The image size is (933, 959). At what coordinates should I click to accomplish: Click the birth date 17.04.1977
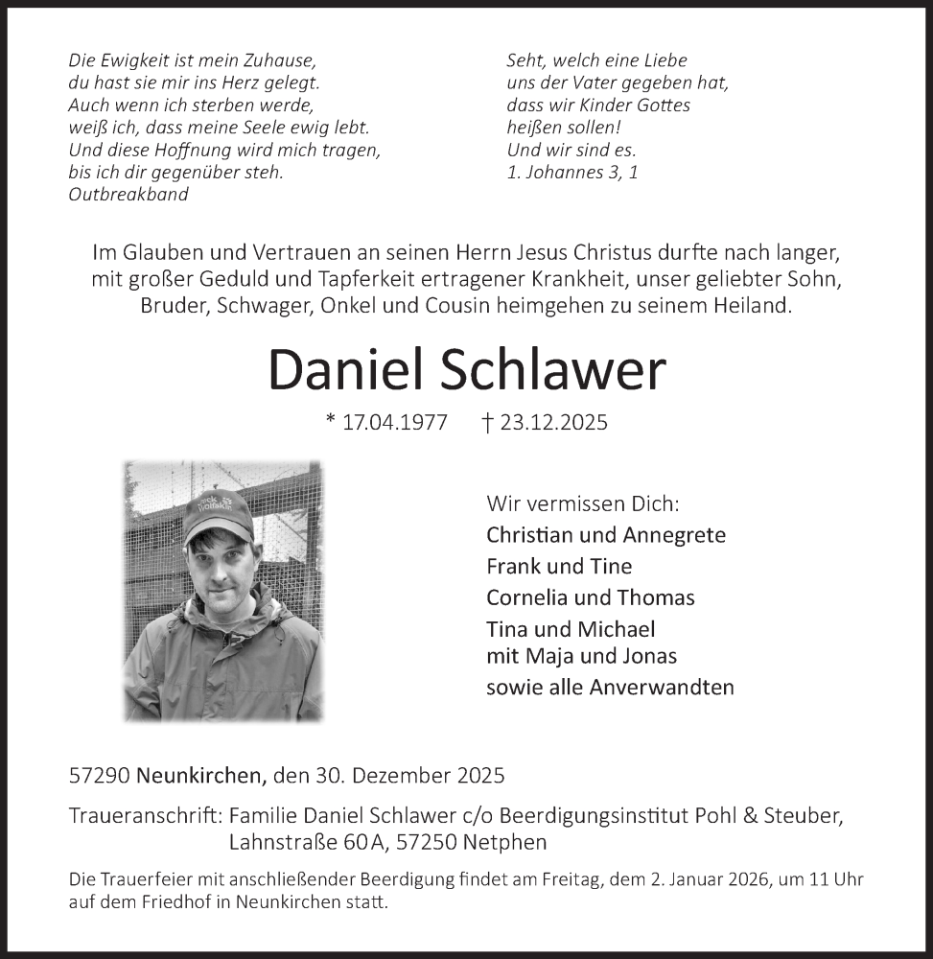click(394, 423)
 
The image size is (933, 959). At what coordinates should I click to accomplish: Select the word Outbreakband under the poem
click(128, 194)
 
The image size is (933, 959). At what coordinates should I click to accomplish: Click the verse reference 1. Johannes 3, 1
click(571, 172)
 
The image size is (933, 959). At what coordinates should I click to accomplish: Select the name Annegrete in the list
click(674, 535)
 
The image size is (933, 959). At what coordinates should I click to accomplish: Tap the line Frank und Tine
click(559, 566)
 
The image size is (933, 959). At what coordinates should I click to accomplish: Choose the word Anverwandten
click(662, 687)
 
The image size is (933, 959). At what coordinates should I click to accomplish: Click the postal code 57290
click(100, 774)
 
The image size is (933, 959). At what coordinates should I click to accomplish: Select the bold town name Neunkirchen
click(201, 774)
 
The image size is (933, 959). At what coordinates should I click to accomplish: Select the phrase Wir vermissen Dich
click(582, 503)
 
